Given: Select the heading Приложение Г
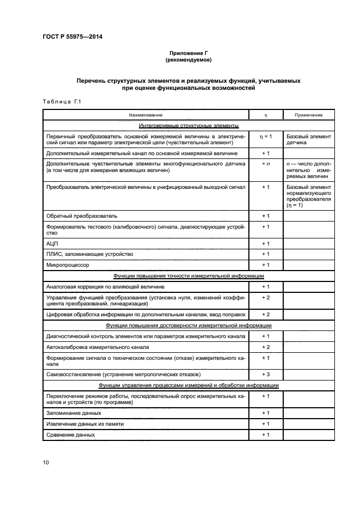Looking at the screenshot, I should pyautogui.click(x=188, y=52).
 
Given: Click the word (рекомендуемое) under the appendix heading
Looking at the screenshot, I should pyautogui.click(x=188, y=59).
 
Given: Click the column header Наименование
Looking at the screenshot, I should pyautogui.click(x=145, y=115).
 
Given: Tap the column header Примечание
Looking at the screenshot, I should pyautogui.click(x=309, y=115).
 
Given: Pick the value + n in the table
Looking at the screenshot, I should pyautogui.click(x=266, y=163).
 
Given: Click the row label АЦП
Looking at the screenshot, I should pyautogui.click(x=53, y=243).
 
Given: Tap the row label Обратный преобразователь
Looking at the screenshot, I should pyautogui.click(x=82, y=216).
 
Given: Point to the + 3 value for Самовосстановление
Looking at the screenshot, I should pyautogui.click(x=266, y=375).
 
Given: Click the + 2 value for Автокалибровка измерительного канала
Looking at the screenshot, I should pyautogui.click(x=266, y=347).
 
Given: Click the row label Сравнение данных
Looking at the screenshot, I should pyautogui.click(x=71, y=434).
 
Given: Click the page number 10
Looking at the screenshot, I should pyautogui.click(x=46, y=462).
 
